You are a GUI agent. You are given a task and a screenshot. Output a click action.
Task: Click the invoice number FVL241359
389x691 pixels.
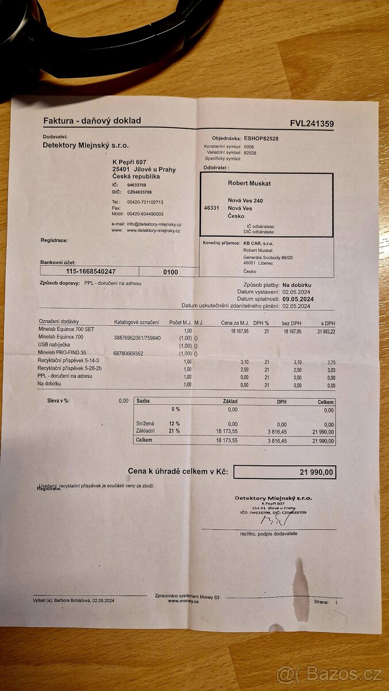pos(312,124)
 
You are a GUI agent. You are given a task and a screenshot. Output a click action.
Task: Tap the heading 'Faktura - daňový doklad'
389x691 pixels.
pos(92,121)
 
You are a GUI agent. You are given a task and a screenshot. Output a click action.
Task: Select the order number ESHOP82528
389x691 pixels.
pos(261,139)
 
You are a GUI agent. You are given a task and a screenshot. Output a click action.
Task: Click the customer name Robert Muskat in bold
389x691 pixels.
pos(249,183)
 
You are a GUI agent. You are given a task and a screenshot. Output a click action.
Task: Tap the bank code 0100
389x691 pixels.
pos(170,272)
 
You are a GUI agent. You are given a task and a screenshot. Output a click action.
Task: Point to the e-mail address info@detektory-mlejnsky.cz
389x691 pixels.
pos(154,224)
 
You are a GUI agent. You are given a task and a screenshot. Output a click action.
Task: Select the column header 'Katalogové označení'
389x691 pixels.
pos(137,322)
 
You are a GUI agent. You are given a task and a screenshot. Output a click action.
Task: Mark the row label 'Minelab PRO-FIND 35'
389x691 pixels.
pos(62,353)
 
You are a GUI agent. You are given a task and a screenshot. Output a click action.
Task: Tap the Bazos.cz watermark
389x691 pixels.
pos(330,674)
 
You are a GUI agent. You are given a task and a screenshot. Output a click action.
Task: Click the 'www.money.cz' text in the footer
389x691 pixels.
pos(184,601)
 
